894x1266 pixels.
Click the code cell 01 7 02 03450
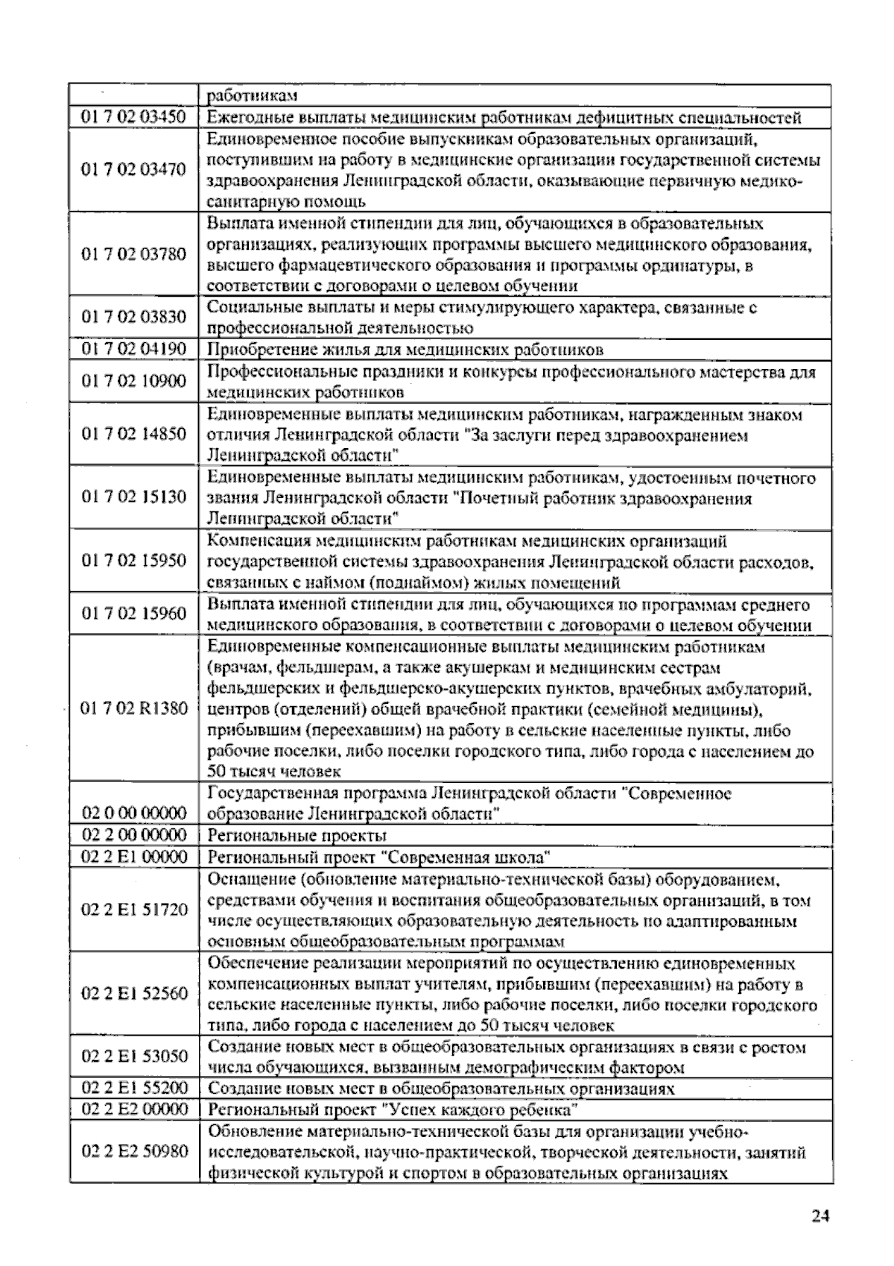point(134,117)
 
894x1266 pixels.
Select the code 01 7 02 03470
point(134,169)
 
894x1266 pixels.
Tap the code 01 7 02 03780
point(134,253)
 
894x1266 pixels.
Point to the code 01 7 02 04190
point(134,349)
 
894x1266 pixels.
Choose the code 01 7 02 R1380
point(134,708)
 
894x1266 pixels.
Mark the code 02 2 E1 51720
point(134,910)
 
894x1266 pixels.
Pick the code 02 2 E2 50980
point(134,1151)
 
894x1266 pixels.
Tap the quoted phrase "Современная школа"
point(470,857)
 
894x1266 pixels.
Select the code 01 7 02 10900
point(134,381)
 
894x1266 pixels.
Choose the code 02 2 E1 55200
point(134,1088)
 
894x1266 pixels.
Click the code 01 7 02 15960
point(134,614)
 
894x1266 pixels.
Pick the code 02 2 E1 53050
point(134,1056)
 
